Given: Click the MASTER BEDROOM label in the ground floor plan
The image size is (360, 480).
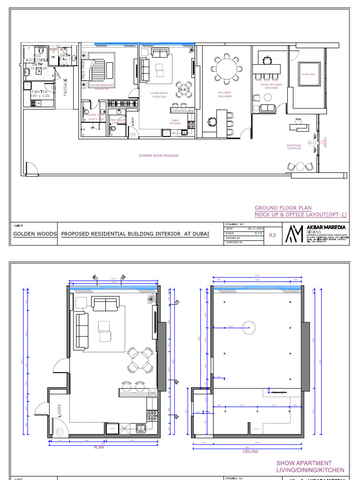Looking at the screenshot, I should [x=101, y=85].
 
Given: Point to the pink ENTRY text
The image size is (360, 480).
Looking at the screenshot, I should [x=325, y=142].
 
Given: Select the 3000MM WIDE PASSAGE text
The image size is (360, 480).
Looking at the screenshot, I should [x=158, y=156].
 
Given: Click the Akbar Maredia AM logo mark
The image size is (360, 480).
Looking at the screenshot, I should [x=295, y=233].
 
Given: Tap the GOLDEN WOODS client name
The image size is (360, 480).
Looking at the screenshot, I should [x=34, y=233].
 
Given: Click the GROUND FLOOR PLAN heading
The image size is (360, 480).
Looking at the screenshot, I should [x=283, y=208].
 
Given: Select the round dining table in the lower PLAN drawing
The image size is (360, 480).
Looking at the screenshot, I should [x=141, y=360].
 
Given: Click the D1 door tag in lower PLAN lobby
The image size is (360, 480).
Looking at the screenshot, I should [x=60, y=431].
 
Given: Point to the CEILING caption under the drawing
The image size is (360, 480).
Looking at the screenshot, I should [x=250, y=451].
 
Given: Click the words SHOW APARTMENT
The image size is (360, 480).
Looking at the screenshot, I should [x=304, y=463].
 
